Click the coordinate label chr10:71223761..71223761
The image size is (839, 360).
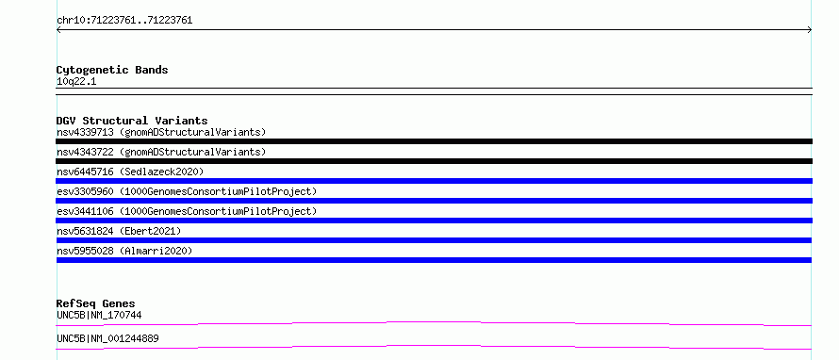pyautogui.click(x=124, y=21)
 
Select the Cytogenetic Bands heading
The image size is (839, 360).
pyautogui.click(x=112, y=70)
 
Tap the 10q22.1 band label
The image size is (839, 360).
pyautogui.click(x=76, y=82)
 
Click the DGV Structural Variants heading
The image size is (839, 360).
pyautogui.click(x=132, y=121)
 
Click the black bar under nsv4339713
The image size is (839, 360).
pyautogui.click(x=434, y=141)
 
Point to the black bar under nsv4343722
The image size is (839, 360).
pyautogui.click(x=434, y=161)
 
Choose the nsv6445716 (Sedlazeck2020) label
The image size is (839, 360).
pyautogui.click(x=130, y=172)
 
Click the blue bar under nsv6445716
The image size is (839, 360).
pyautogui.click(x=434, y=181)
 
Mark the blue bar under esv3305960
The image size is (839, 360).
pyautogui.click(x=434, y=201)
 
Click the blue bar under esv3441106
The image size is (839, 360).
pyautogui.click(x=434, y=221)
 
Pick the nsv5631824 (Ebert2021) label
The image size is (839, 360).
pyautogui.click(x=119, y=231)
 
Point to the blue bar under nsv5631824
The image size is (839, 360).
pyautogui.click(x=434, y=240)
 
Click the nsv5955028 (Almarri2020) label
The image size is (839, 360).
pyautogui.click(x=124, y=251)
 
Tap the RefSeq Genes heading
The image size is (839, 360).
pyautogui.click(x=96, y=303)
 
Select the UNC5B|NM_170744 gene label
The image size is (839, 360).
pyautogui.click(x=99, y=316)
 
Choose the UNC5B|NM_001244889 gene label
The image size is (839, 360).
pyautogui.click(x=107, y=339)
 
